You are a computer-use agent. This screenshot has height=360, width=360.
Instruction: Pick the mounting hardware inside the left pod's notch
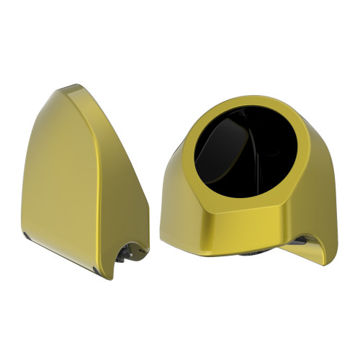click(130, 252)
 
